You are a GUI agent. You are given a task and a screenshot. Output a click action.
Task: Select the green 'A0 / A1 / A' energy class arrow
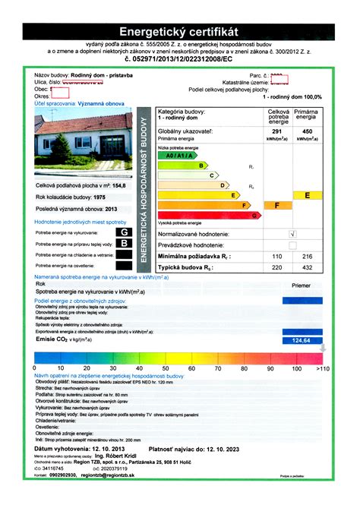click(x=175, y=154)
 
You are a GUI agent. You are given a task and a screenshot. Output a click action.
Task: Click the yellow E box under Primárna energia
click(x=306, y=195)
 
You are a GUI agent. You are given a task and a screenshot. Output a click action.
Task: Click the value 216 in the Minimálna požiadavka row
click(x=307, y=257)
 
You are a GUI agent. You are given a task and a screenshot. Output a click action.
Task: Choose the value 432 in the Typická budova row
click(x=307, y=268)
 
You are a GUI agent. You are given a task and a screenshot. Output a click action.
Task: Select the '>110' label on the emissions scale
click(x=322, y=368)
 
